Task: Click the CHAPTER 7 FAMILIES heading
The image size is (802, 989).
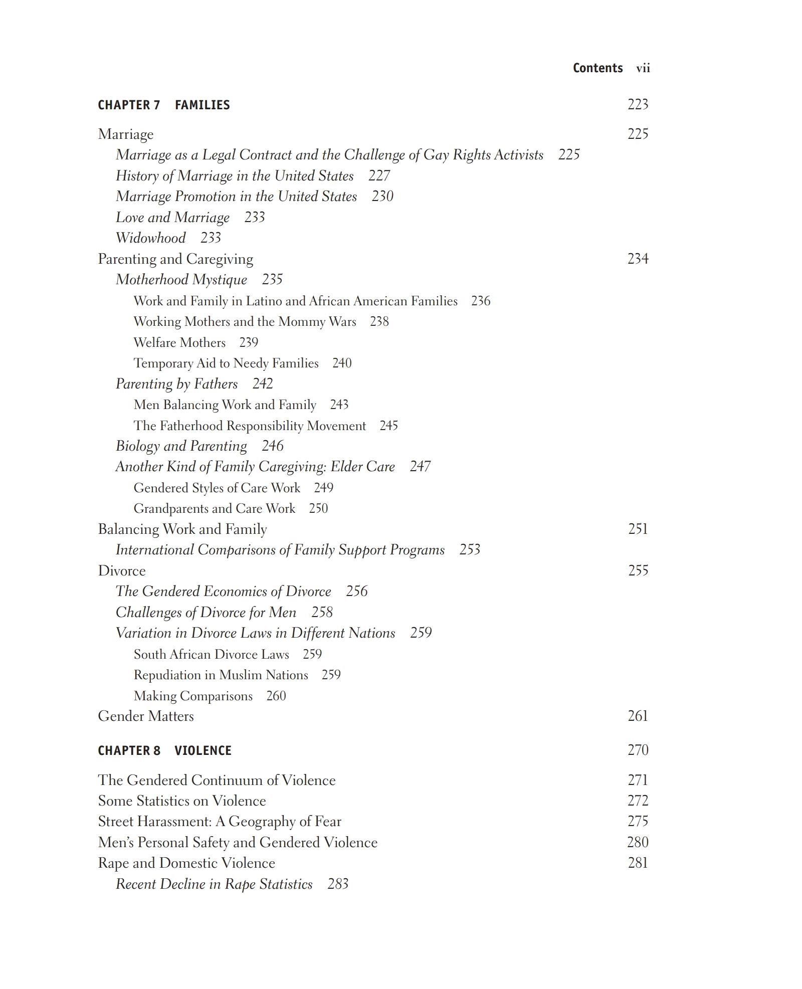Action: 164,105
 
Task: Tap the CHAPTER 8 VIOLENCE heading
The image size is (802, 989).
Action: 164,750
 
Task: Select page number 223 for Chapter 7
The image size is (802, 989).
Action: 638,104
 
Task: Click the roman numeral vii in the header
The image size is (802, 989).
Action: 643,68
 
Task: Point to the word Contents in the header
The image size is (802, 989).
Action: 597,68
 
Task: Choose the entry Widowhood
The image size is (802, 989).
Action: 150,238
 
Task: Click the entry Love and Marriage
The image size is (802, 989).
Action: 172,217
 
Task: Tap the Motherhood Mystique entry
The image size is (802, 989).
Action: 181,279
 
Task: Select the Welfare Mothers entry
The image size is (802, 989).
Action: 179,342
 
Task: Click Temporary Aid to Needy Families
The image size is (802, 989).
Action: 226,363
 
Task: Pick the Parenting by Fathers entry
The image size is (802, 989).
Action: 176,383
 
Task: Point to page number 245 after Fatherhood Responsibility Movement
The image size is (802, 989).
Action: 388,426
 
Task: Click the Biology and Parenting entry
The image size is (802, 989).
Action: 181,446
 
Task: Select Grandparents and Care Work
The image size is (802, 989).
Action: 214,508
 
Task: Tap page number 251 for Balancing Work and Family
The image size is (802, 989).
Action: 638,529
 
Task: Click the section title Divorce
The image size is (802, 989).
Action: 122,570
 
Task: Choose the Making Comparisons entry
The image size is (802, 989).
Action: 193,696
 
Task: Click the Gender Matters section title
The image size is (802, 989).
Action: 146,716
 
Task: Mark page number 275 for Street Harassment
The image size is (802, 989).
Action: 638,821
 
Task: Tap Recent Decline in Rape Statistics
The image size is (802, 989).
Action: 214,884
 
